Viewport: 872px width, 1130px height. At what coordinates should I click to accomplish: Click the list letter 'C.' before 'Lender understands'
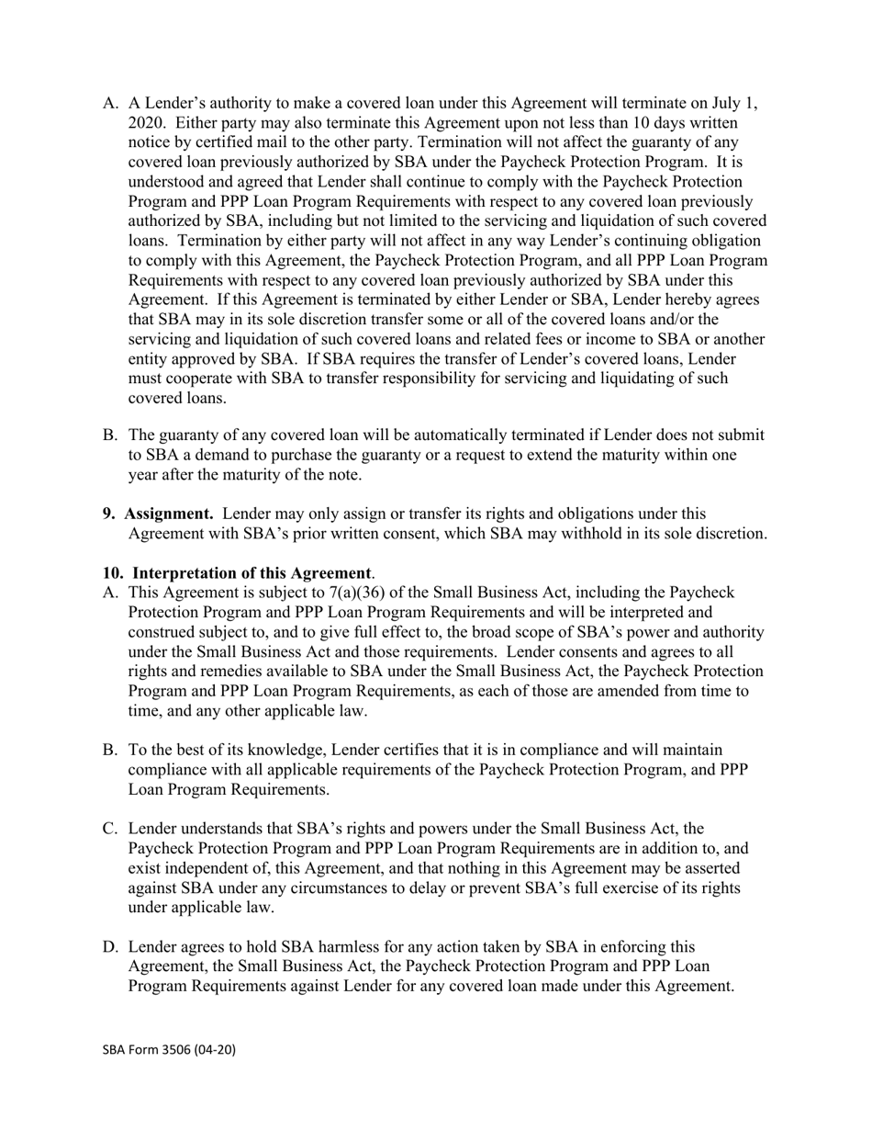coord(110,830)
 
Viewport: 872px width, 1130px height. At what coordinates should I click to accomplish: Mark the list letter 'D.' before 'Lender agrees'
coord(110,947)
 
